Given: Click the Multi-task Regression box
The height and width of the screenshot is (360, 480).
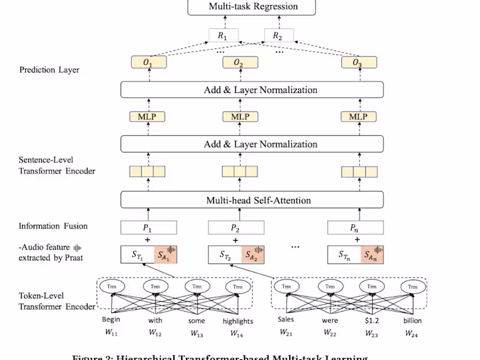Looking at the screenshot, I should coord(253,7).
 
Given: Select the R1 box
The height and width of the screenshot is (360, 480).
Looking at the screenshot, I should coord(223,35).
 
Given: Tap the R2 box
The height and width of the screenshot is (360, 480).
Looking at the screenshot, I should coord(277,35).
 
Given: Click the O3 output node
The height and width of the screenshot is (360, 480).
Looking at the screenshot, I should coord(358,62).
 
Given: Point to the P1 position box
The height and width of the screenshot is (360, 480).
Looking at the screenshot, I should coord(149,227).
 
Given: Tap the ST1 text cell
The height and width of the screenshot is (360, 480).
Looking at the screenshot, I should coord(137,255).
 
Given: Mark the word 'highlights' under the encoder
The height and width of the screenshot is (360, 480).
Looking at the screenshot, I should coord(238,320).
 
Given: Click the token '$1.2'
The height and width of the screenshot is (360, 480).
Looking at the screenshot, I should coord(371,320).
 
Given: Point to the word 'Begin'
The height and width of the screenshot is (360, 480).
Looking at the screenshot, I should coord(111,320).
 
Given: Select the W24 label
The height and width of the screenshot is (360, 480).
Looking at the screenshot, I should coord(411,334).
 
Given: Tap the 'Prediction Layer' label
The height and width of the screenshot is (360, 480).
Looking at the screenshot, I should coord(49,70).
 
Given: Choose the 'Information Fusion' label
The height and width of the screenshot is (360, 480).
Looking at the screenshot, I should coord(53,226).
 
